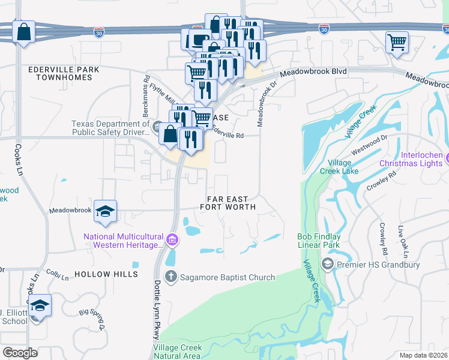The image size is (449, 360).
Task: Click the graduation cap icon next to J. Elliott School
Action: [x=40, y=306]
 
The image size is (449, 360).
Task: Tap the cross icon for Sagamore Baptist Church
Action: [x=171, y=277]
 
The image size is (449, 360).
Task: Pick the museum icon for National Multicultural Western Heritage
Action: [x=172, y=241]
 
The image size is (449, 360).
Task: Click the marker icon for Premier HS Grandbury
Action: [x=328, y=263]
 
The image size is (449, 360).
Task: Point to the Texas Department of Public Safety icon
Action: [x=157, y=127]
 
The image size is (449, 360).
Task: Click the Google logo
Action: [x=20, y=353]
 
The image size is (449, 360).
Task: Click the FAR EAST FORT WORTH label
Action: [x=231, y=203]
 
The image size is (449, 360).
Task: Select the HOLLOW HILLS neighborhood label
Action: [x=106, y=274]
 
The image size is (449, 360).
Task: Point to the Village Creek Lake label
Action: [x=343, y=167]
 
